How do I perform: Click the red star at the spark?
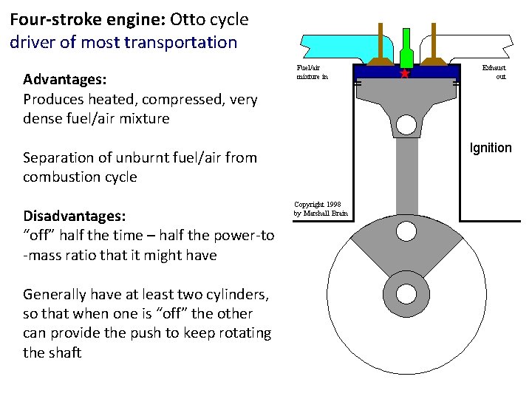tap(404, 74)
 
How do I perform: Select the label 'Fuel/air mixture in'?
tap(312, 72)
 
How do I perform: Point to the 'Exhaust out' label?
tap(493, 72)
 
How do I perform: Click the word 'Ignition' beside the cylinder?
tap(491, 148)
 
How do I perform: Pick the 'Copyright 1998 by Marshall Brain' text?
tap(320, 209)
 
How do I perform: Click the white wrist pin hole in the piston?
tap(405, 125)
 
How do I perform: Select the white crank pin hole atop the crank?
tap(405, 232)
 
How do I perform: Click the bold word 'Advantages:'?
tap(65, 79)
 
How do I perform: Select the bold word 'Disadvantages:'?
tap(75, 216)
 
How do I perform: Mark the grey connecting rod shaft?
tap(405, 177)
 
